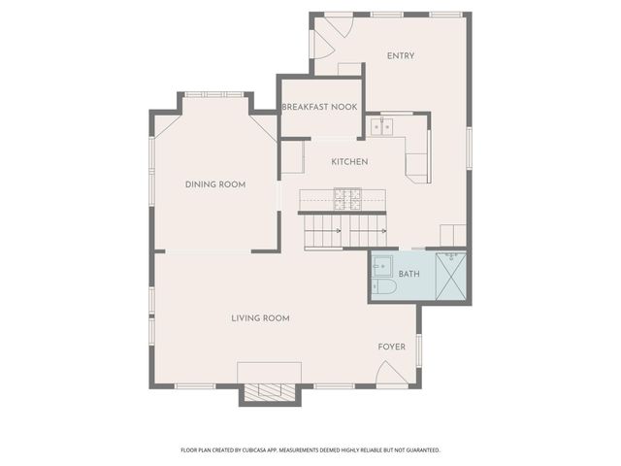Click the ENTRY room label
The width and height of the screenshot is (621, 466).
400,55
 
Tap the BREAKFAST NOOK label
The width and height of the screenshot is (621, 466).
319,107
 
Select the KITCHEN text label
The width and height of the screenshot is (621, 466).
349,161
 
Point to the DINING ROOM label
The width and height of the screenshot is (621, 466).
214,183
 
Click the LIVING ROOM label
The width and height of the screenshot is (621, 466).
260,317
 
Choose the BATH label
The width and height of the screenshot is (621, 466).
409,274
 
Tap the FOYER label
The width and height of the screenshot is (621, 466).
391,347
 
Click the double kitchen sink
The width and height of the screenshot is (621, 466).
380,125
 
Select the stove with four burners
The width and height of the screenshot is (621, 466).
347,199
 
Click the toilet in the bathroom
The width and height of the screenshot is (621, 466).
381,287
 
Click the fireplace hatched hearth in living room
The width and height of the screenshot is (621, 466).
267,392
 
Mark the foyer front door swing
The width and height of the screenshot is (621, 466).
391,374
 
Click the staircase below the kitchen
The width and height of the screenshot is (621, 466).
345,232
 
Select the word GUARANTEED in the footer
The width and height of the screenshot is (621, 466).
418,450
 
